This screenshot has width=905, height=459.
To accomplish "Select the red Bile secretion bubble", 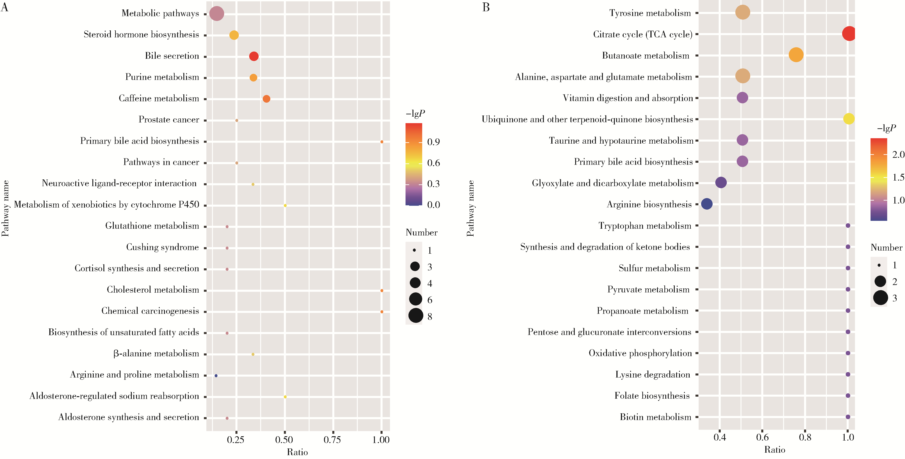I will [254, 56].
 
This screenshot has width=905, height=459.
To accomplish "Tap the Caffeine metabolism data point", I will [266, 99].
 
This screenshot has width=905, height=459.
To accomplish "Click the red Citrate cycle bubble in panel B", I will [849, 34].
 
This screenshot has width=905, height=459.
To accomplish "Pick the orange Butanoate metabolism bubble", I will [796, 55].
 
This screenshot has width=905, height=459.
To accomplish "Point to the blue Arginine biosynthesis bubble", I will [707, 204].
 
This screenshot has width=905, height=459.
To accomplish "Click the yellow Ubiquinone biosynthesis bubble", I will [848, 119].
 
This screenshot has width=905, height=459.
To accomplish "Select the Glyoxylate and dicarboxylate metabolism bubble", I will [720, 183].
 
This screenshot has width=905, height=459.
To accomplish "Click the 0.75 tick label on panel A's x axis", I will [332, 440].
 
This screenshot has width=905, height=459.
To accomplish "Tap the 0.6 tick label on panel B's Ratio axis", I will [762, 437].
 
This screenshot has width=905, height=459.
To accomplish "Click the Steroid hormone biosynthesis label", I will [141, 34].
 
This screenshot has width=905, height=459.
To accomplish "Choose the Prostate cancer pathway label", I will [169, 120].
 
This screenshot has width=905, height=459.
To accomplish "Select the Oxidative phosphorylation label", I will [640, 353].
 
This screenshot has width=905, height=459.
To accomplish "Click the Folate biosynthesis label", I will [652, 396].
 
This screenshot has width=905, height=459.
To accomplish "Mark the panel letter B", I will [486, 7].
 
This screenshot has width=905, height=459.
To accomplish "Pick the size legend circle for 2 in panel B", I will [880, 281].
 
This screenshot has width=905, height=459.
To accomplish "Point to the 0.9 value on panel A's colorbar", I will [433, 142].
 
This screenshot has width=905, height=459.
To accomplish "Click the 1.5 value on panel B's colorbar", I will [898, 177].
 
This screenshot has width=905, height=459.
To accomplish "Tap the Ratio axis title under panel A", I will [297, 452].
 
